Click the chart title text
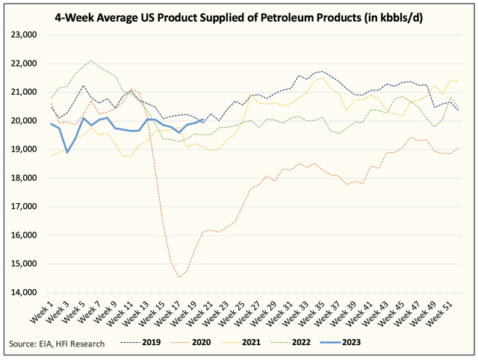coord(239,18)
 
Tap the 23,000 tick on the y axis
coord(24,35)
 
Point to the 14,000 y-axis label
coord(24,292)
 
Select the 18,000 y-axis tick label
coord(24,178)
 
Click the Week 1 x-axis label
coord(42,311)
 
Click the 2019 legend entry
coord(140,342)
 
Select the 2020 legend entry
coord(190,342)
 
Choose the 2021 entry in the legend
coord(240,342)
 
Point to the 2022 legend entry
coord(291,342)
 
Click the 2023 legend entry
coord(341,342)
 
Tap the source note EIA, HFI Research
coord(57,344)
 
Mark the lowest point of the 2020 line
coord(179,277)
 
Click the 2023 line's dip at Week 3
coord(67,152)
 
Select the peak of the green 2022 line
coord(91,60)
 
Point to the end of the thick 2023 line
coord(202,120)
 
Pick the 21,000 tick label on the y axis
coord(24,92)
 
